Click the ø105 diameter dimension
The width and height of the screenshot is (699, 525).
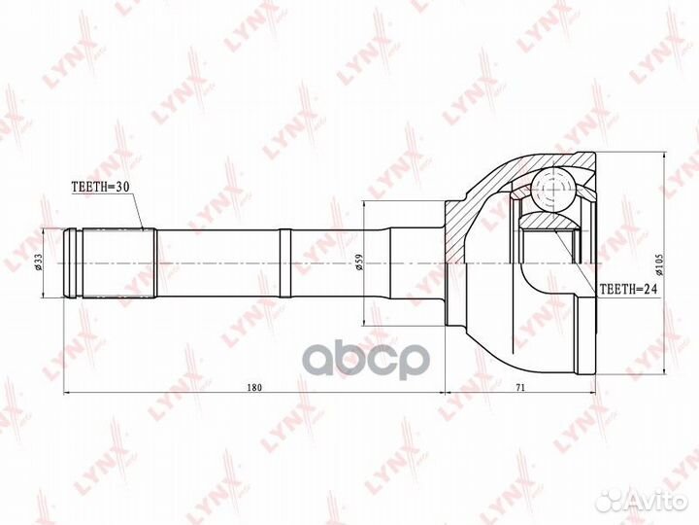point(659,262)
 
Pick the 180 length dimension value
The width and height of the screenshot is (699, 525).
point(255,387)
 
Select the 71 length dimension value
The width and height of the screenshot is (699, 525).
point(520,387)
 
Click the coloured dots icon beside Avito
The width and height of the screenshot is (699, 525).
point(609,501)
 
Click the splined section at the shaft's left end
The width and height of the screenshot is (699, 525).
point(116,262)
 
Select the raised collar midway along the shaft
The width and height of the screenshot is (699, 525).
point(284,262)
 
